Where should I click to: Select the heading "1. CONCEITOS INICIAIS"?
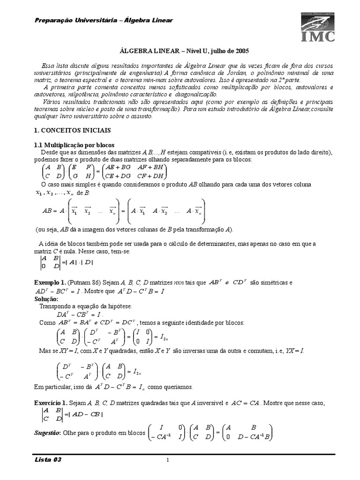pyautogui.click(x=74, y=129)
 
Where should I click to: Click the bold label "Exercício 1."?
pyautogui.click(x=52, y=403)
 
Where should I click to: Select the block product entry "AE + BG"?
pyautogui.click(x=117, y=167)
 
